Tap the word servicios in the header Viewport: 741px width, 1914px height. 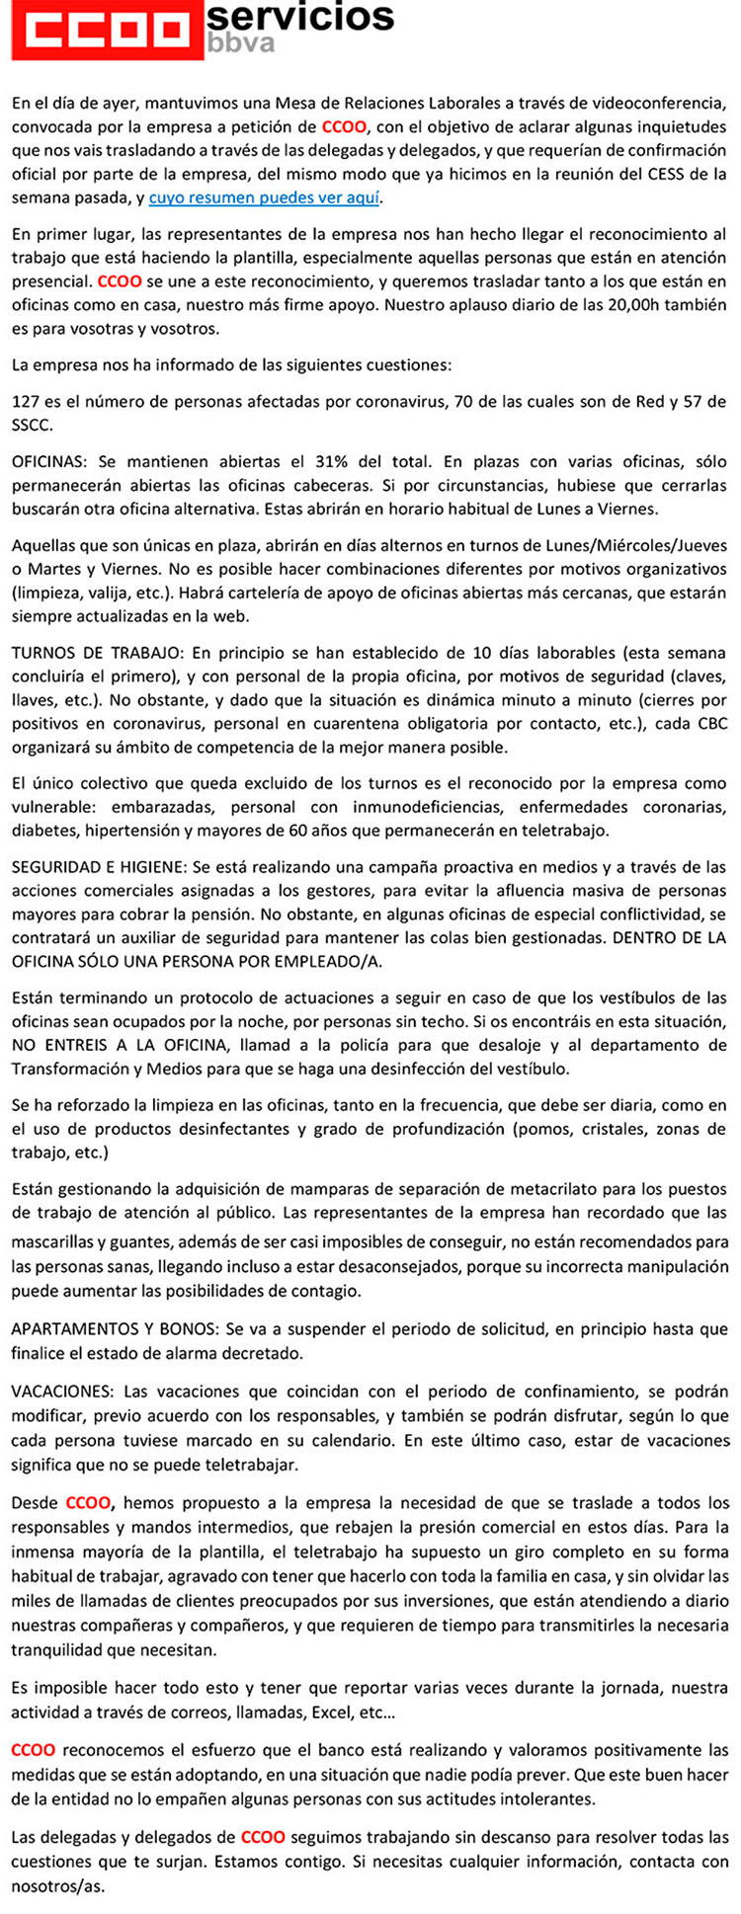tap(301, 16)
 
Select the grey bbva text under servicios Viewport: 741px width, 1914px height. tap(241, 44)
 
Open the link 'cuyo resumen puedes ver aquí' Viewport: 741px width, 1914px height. tap(264, 198)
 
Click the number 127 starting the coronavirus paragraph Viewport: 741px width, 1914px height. tap(26, 402)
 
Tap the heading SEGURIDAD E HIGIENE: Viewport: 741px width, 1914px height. tap(101, 867)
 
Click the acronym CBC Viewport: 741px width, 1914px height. tap(711, 724)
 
